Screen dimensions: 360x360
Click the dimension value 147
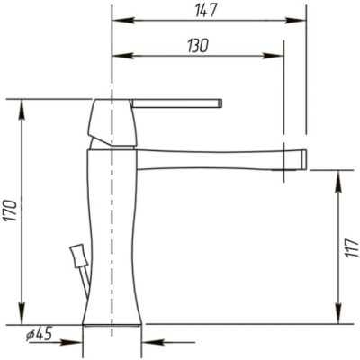206,11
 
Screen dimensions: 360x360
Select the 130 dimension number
198,46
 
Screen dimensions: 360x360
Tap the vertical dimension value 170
12,211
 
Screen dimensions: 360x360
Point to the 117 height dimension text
351,248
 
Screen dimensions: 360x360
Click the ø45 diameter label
39,334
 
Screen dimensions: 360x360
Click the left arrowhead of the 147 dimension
122,21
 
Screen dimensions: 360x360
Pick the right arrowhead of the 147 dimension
295,21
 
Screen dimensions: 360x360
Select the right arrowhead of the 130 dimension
273,56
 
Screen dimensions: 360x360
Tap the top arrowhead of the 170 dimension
22,110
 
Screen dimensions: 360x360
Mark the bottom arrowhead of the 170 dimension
22,314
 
